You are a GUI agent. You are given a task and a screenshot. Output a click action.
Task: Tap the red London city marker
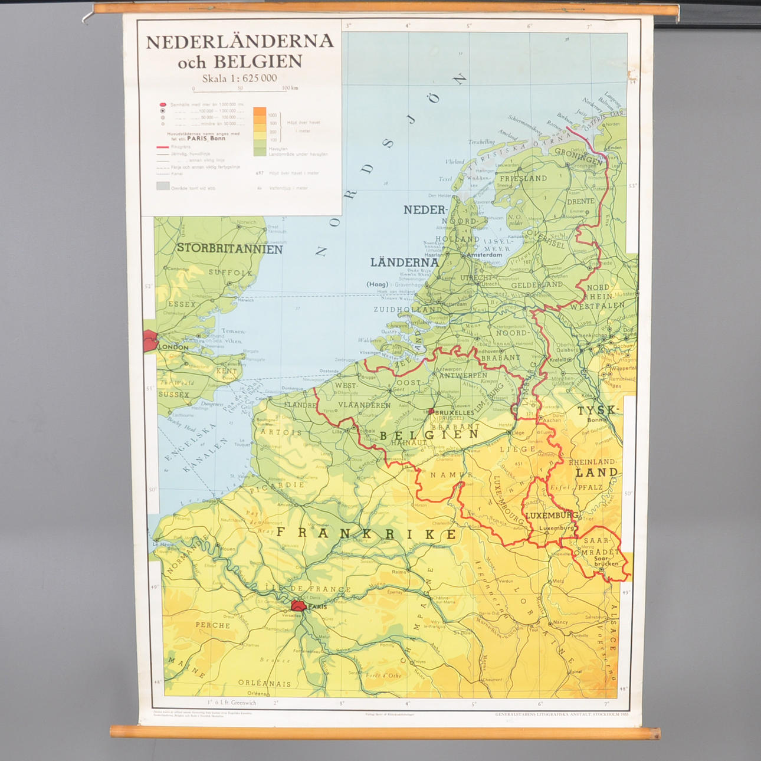coord(150,340)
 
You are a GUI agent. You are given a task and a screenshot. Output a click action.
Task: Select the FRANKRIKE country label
coord(366,534)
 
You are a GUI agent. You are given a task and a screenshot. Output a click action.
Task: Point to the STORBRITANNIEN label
coord(229,249)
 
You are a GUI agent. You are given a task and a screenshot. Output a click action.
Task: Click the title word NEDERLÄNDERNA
coord(240,42)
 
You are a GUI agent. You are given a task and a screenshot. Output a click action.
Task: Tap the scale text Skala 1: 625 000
coord(240,78)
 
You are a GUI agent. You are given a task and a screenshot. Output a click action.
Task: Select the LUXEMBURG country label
coord(552,515)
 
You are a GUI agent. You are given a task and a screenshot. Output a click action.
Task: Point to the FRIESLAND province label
coord(523,178)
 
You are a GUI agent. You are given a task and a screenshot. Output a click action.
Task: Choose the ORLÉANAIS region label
coord(264,683)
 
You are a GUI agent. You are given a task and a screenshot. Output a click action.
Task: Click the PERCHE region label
coord(213,625)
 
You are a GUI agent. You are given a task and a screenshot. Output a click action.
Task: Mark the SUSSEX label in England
coord(174,395)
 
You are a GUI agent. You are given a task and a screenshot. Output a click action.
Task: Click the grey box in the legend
coord(163,186)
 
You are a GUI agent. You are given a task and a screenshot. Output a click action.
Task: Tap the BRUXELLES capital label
coord(454,412)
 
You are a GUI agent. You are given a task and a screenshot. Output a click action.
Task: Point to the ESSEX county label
coord(181,304)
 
